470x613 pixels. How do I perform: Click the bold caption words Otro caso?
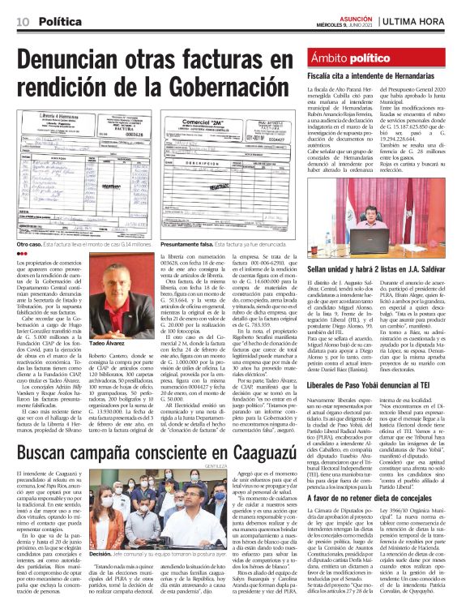(x=31, y=243)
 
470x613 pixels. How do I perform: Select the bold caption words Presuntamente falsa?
(x=189, y=243)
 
